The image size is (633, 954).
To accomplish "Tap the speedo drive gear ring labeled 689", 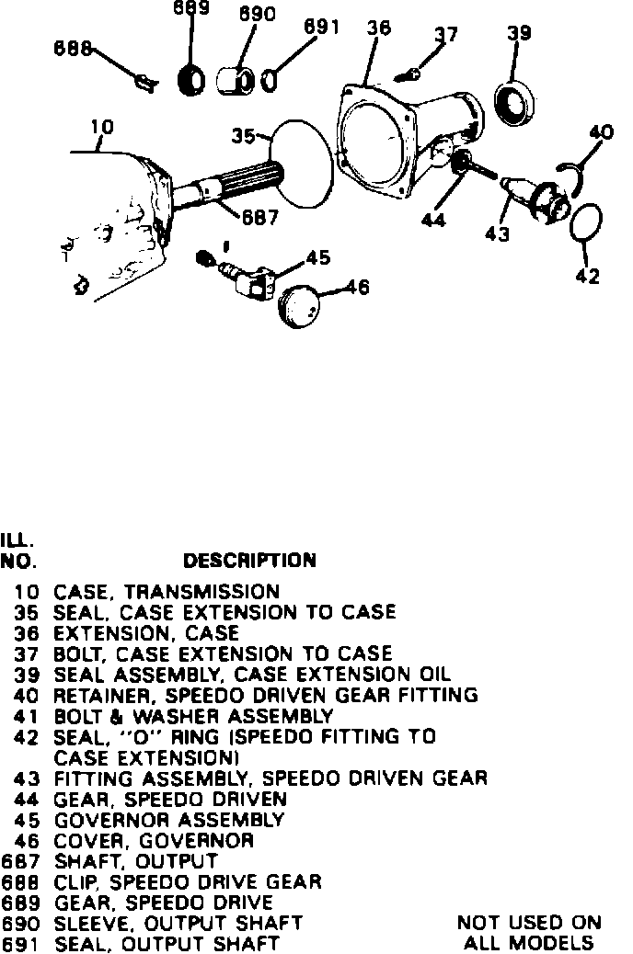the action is pos(191,81).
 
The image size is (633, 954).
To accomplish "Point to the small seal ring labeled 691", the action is pos(267,81).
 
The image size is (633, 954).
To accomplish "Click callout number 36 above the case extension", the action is pos(378,28).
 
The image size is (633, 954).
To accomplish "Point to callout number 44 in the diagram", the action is pos(434,220).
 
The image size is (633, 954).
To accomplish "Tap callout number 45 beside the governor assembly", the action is pos(317,258).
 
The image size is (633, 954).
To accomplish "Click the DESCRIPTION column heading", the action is pos(249,560).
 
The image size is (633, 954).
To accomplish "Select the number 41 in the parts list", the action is pos(24,715).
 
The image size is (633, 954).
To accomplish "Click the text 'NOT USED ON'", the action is pos(528,922).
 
